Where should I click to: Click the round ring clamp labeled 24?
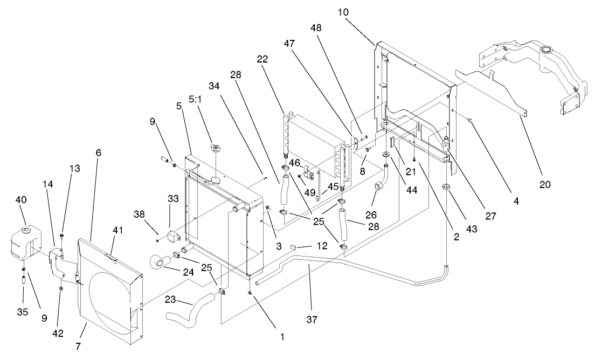tap(160, 262)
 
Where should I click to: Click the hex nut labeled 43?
tap(447, 188)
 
